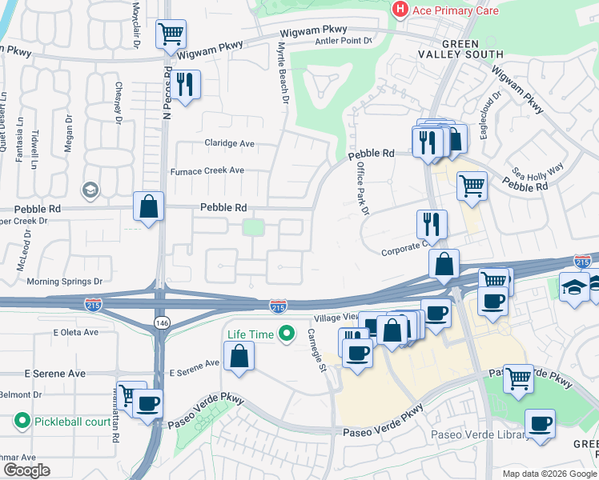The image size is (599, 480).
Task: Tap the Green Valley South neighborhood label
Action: [x=460, y=49]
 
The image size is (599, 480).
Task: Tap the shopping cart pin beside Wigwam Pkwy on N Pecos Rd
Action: [x=170, y=34]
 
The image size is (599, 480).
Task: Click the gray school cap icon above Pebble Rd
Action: [x=90, y=190]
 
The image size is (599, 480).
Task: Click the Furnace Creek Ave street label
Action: [x=207, y=171]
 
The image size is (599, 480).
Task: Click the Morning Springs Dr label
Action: [x=65, y=282]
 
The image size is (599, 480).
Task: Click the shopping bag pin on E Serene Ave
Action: [x=239, y=355]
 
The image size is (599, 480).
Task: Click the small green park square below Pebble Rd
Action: [x=253, y=227]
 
